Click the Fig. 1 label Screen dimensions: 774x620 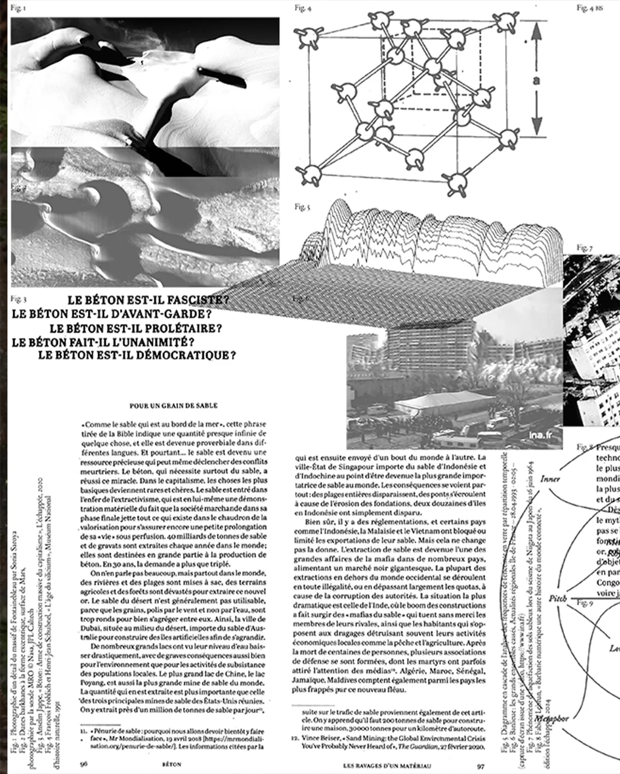click(18, 9)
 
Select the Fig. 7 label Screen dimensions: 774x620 click(584, 248)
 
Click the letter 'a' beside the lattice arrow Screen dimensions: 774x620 click(537, 81)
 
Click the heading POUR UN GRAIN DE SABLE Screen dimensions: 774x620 click(173, 405)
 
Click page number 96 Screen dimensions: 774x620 click(84, 764)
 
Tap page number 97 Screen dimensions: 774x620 click(480, 765)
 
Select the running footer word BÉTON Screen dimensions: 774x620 click(172, 764)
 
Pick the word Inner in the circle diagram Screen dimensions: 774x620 click(550, 479)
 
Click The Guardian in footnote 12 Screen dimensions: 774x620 click(426, 746)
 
